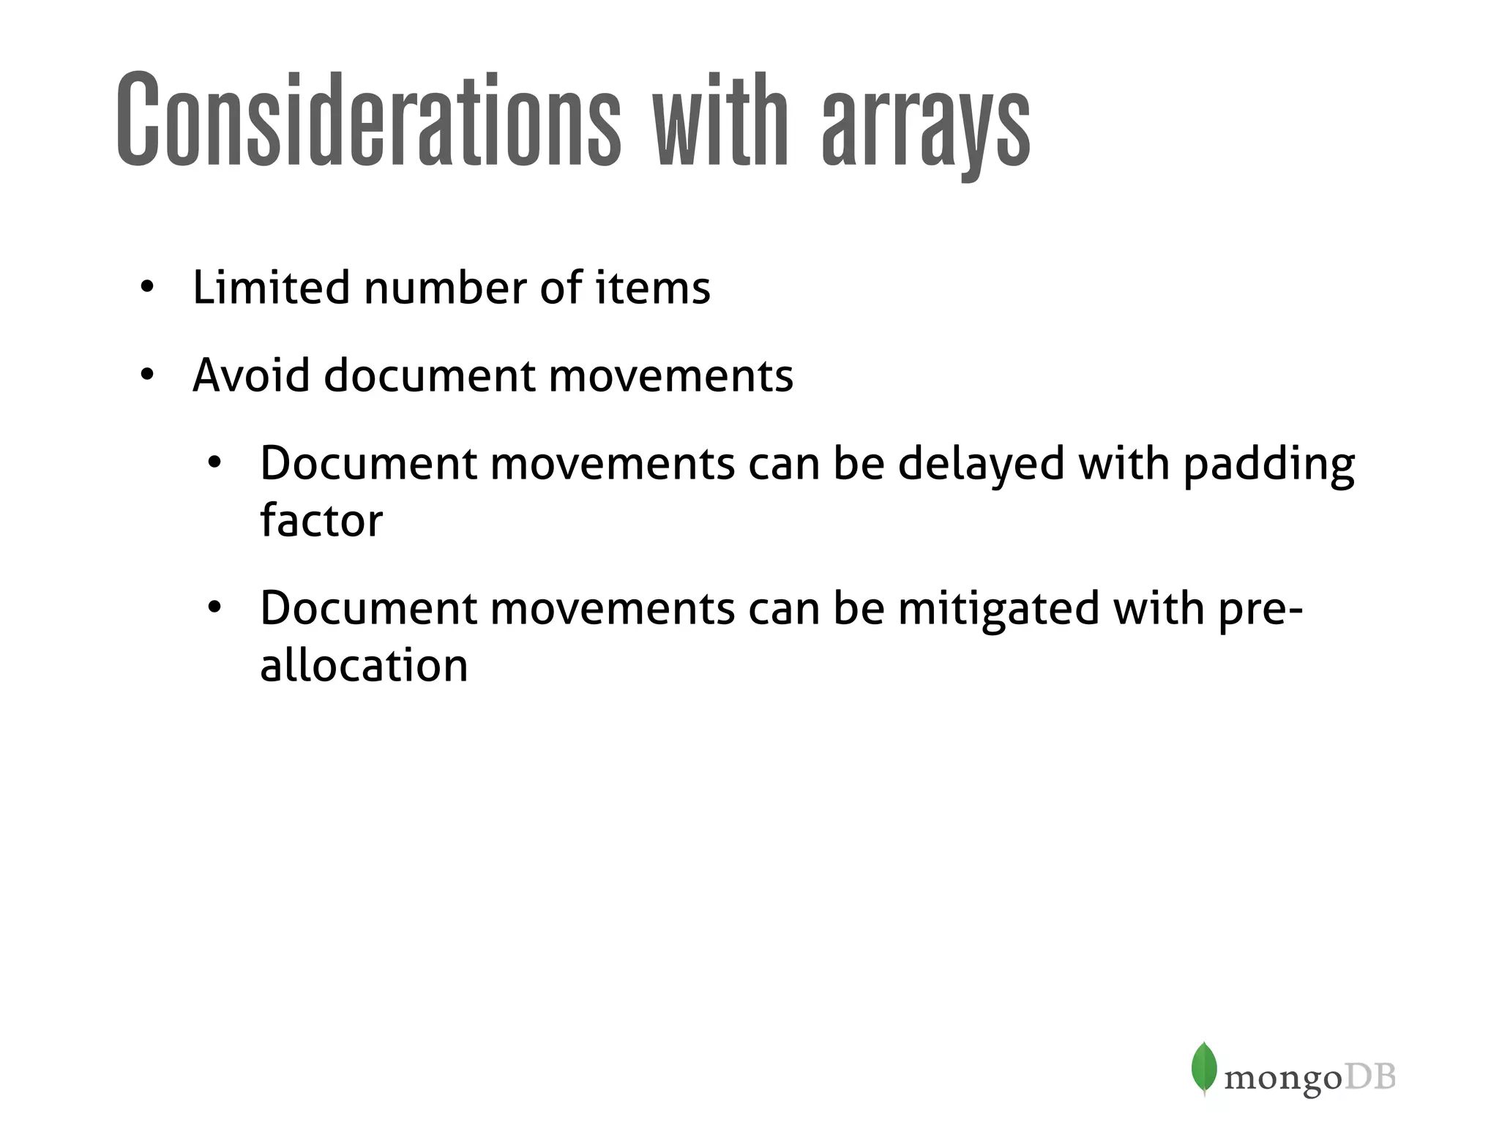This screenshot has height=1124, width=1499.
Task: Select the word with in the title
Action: tap(720, 119)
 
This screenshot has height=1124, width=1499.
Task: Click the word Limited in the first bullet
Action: tap(270, 287)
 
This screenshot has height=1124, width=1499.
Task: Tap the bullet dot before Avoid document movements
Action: tap(148, 375)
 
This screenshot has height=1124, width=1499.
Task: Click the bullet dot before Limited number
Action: tap(148, 288)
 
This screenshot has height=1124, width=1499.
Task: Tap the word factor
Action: tap(321, 520)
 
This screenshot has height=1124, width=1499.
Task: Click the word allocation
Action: tap(364, 665)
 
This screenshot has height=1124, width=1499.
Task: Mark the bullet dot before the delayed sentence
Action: tap(214, 463)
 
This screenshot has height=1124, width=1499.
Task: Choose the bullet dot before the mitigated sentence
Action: tap(214, 608)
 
